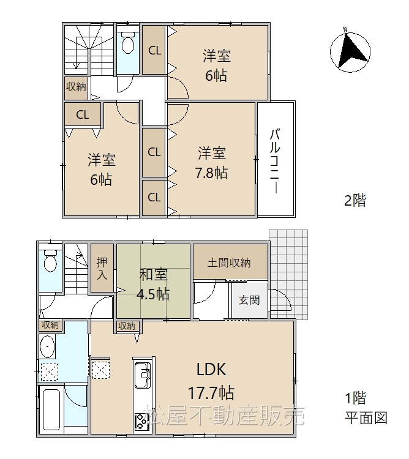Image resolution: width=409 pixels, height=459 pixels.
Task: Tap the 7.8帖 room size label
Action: pos(211,173)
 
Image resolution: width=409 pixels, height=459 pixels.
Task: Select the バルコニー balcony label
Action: pos(275,161)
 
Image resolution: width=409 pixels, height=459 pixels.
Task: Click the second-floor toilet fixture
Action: pos(127,42)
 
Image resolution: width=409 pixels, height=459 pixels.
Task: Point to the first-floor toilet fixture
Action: pos(50,261)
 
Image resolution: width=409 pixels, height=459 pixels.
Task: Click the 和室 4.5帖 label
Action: pos(153,284)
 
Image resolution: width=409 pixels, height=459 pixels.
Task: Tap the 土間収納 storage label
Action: pos(229,263)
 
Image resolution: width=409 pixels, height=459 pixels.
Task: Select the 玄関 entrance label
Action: pos(249,300)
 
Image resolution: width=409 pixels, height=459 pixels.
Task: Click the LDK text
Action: pos(211,369)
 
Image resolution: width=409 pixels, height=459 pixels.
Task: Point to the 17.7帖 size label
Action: pos(211,392)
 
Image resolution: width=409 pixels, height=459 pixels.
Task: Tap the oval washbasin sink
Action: pos(47,346)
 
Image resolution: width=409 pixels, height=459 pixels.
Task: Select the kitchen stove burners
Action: pos(142,422)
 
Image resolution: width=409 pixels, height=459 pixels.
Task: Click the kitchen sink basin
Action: pos(142,375)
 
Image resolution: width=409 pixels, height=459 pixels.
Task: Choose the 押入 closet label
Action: pos(102,268)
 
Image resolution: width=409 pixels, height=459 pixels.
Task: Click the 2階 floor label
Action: pos(355,201)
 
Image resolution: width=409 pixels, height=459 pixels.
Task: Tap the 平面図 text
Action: pos(366,418)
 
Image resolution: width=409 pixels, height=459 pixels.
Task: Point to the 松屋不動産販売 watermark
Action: pos(225,415)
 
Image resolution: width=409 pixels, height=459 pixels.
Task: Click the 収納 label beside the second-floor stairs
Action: pos(76,87)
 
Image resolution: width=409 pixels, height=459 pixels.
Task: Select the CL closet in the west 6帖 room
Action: pos(83,114)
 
